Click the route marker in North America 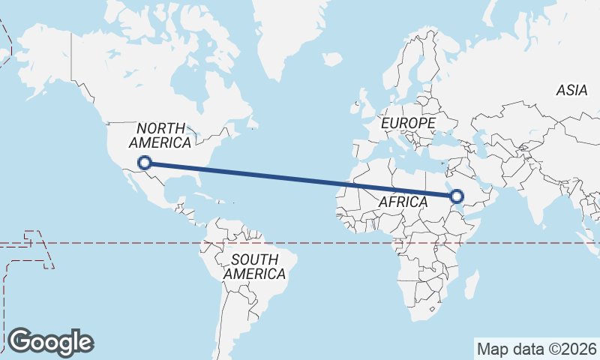[145, 162]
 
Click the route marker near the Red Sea [457, 197]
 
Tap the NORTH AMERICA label [160, 136]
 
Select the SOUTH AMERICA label [255, 266]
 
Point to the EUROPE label [408, 122]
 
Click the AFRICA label [403, 202]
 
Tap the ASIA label [571, 91]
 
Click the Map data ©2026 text [537, 349]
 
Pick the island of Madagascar [472, 284]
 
